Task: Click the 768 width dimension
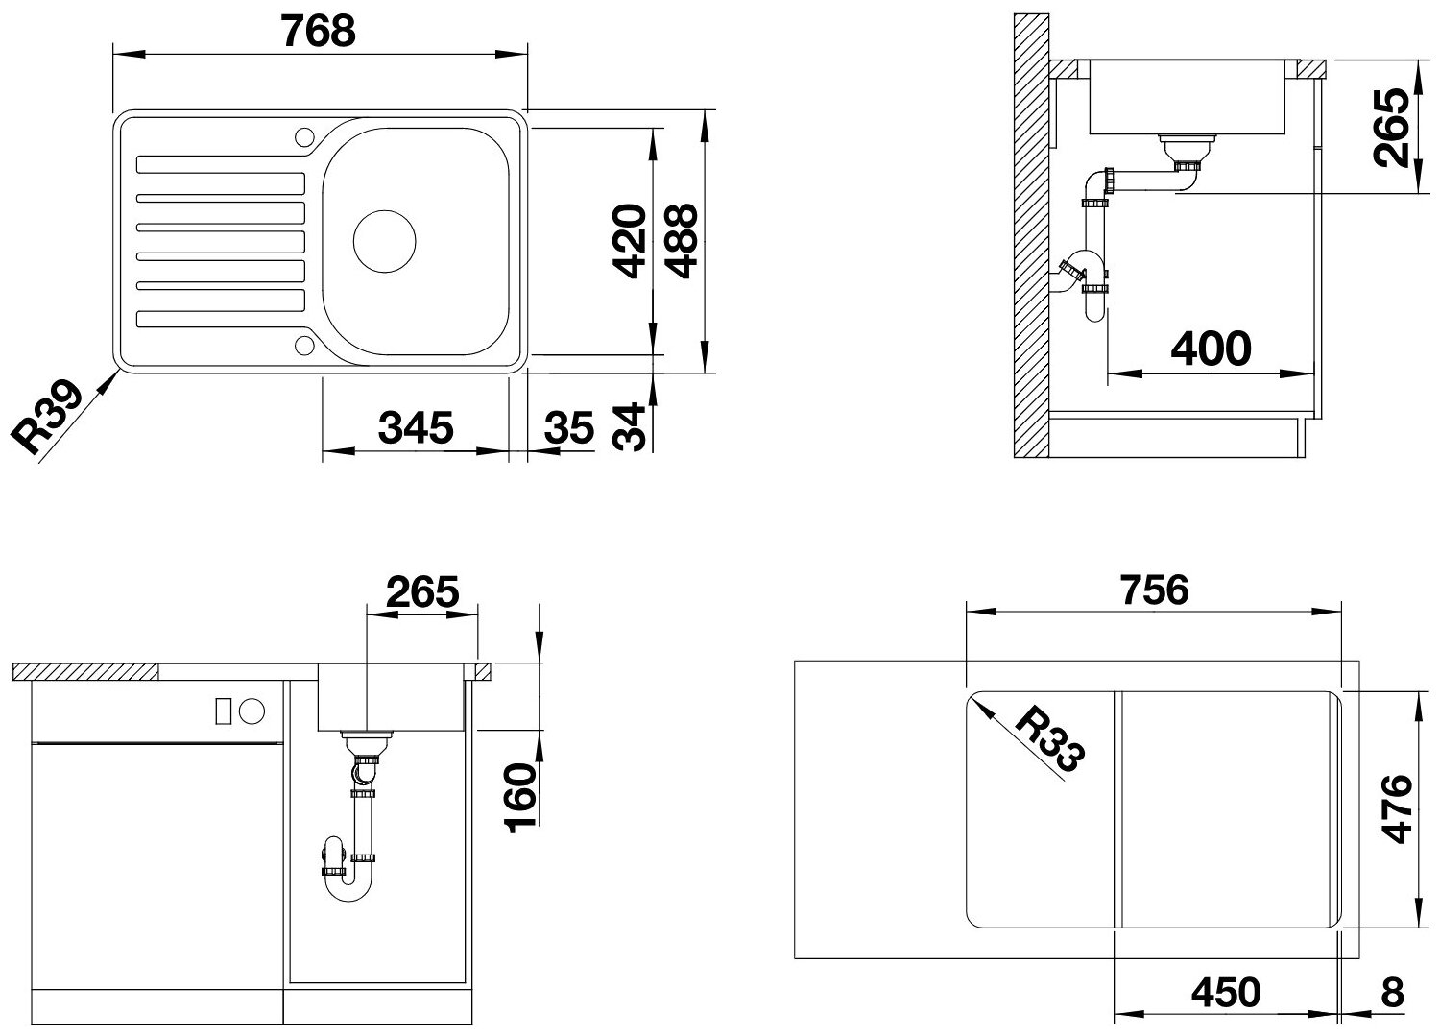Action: (318, 31)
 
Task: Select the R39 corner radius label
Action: (48, 418)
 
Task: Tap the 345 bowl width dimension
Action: (416, 427)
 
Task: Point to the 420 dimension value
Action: (630, 241)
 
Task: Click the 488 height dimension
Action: (681, 241)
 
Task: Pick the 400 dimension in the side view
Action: (1212, 349)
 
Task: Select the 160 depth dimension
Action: (520, 798)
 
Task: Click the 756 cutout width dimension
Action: (1154, 590)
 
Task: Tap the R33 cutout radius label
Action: (1050, 739)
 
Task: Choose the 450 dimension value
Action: (1226, 992)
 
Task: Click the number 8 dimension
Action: (1392, 992)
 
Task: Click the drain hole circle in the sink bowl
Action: (384, 241)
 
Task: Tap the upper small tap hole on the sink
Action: (304, 136)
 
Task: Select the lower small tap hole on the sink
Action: (304, 346)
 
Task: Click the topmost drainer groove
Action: (221, 164)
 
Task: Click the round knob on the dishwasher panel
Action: (252, 711)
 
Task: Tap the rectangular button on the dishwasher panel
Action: (223, 711)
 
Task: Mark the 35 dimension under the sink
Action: (569, 427)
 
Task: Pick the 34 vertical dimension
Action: (628, 427)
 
